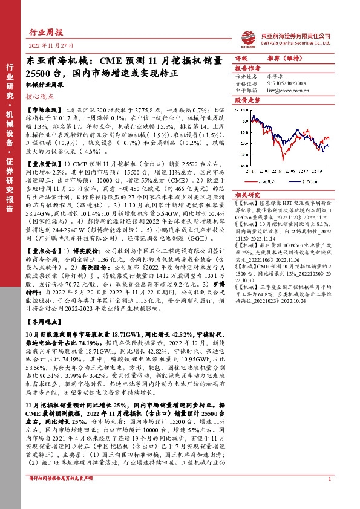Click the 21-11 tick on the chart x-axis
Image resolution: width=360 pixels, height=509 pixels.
tap(249, 170)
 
